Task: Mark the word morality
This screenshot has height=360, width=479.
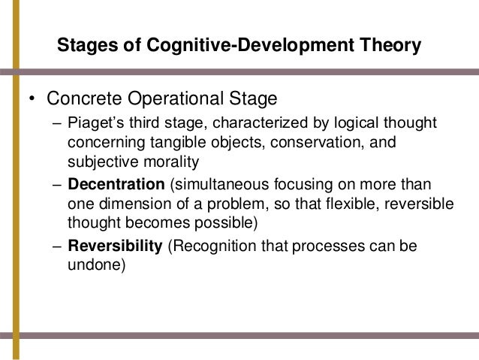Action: point(158,160)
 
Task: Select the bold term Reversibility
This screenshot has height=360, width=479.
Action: point(114,246)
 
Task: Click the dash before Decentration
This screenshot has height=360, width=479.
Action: point(60,184)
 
